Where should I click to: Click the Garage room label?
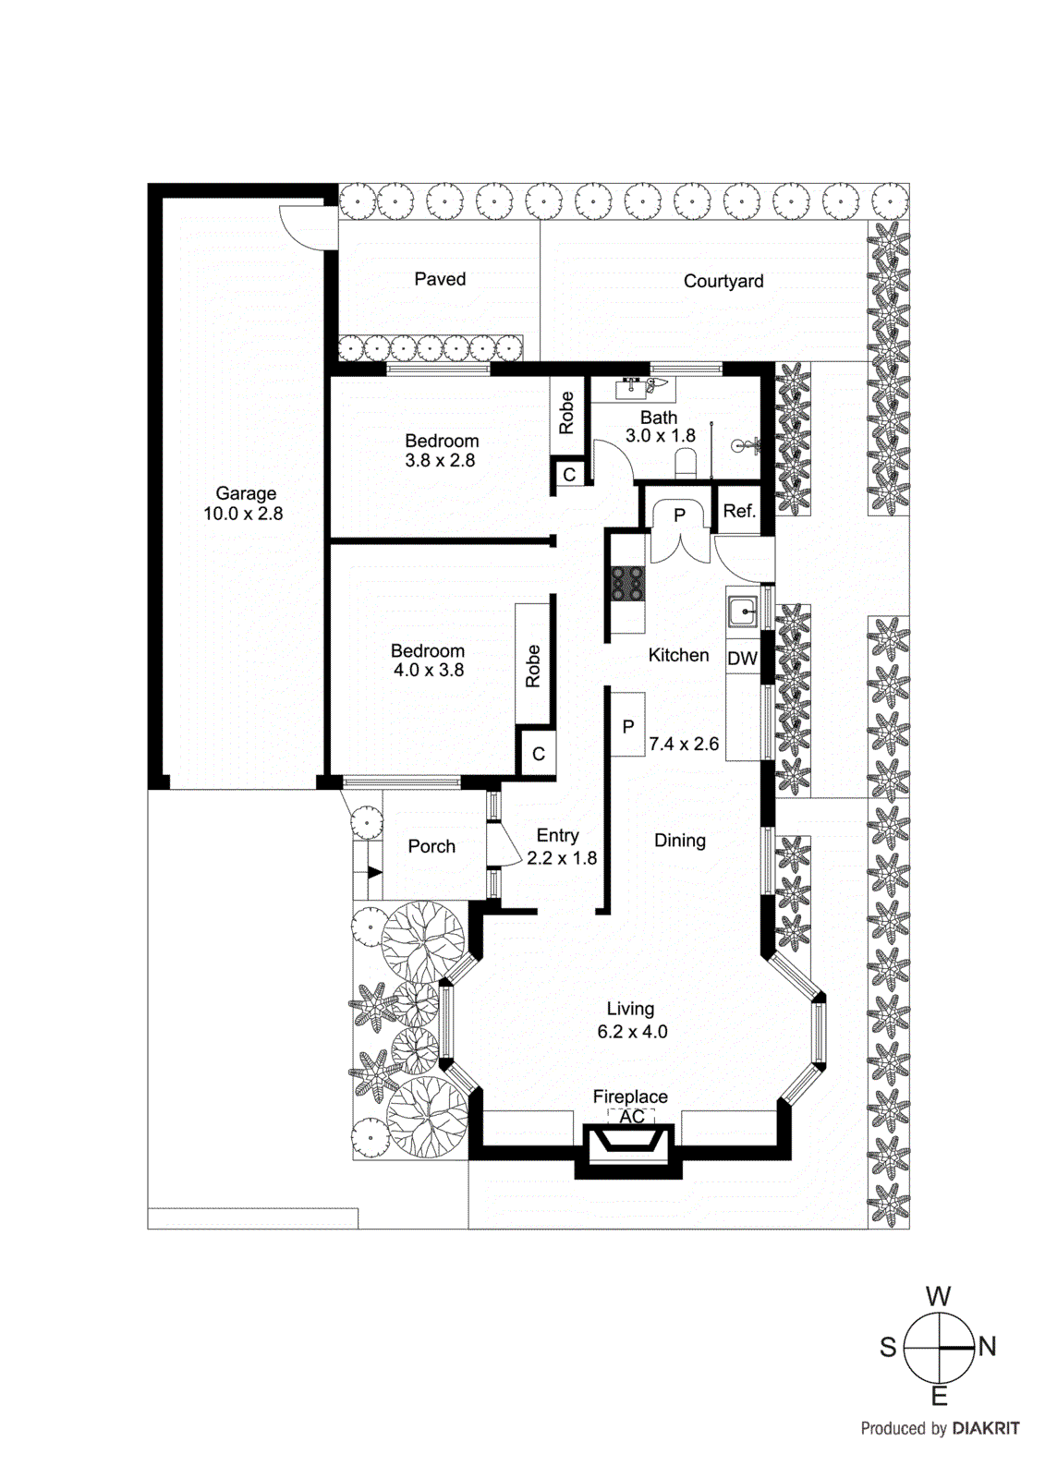click(x=246, y=494)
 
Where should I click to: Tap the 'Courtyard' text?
click(x=723, y=281)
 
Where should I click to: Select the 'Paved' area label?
click(x=440, y=279)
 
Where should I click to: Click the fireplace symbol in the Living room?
click(x=629, y=1144)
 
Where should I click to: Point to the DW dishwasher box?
click(x=742, y=659)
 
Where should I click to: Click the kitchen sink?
click(x=742, y=611)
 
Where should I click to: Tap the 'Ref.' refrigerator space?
click(x=739, y=511)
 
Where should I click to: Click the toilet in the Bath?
click(x=686, y=462)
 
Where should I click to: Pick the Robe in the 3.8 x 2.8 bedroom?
click(x=566, y=413)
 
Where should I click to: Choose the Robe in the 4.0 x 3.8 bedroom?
click(x=532, y=665)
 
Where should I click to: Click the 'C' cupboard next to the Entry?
click(x=539, y=754)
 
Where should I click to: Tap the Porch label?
click(x=431, y=846)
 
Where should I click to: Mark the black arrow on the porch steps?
click(x=374, y=872)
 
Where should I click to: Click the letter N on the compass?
click(x=987, y=1347)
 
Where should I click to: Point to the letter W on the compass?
click(x=938, y=1296)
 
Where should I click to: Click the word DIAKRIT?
click(x=986, y=1428)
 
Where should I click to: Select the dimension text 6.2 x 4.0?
click(x=632, y=1032)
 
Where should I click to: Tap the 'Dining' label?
click(x=680, y=841)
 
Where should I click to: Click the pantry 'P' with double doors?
click(x=679, y=515)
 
